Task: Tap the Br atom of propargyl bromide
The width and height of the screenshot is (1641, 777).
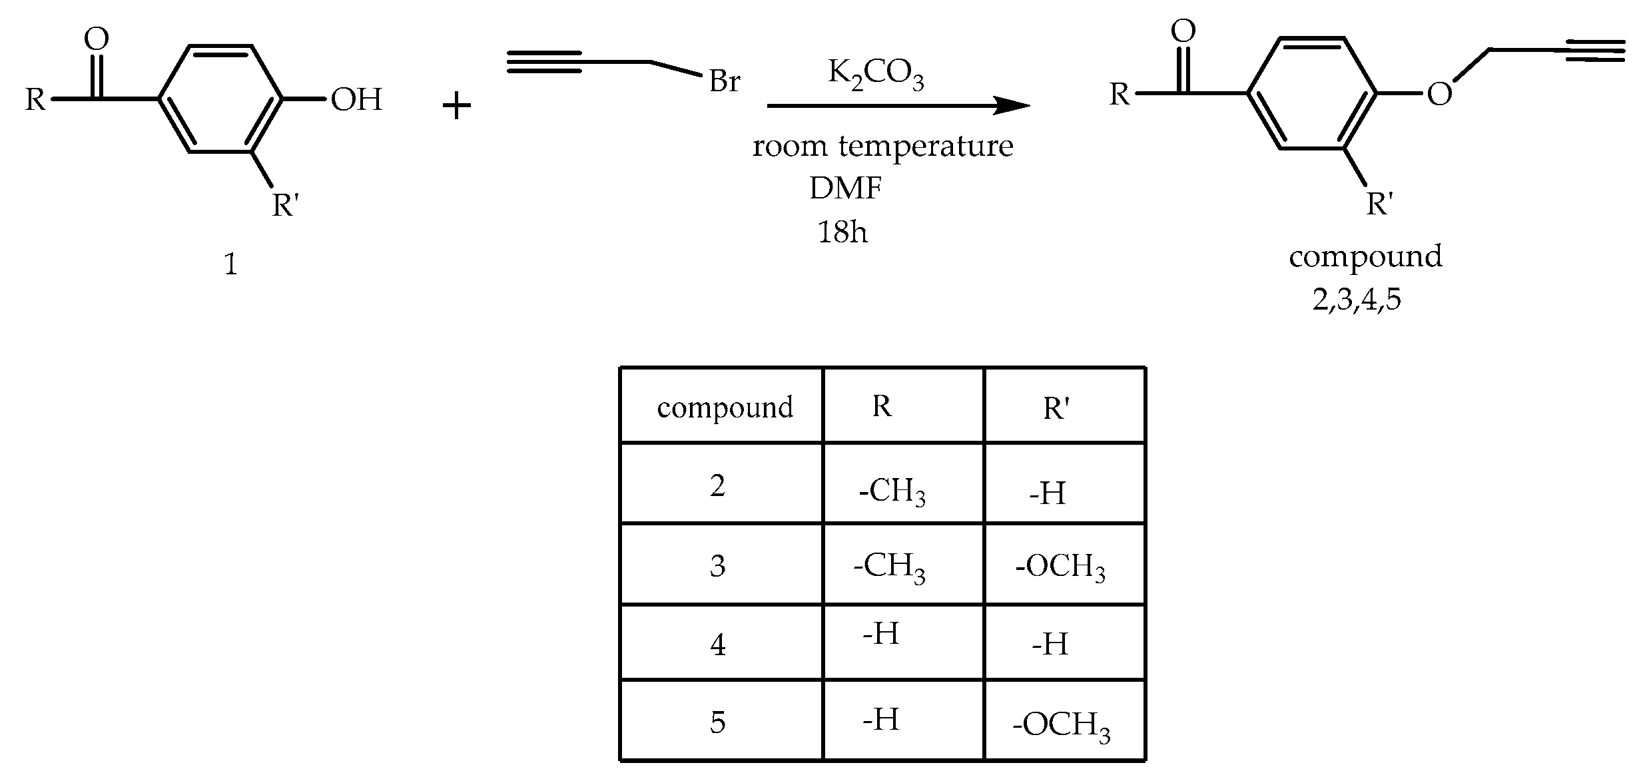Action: click(x=725, y=82)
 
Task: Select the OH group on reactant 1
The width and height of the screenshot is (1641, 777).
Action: click(x=356, y=100)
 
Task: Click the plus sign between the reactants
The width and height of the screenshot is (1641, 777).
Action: click(x=457, y=107)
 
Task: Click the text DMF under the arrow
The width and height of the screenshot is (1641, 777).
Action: click(x=845, y=189)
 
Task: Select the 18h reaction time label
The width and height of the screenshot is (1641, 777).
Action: click(x=842, y=232)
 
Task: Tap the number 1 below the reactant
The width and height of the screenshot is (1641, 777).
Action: click(x=230, y=266)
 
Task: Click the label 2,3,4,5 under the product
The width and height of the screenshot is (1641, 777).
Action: click(x=1357, y=300)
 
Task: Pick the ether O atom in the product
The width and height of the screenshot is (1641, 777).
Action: click(x=1439, y=95)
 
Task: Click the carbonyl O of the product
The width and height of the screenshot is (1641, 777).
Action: click(x=1183, y=31)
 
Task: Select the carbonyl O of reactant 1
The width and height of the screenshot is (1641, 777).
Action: click(x=97, y=39)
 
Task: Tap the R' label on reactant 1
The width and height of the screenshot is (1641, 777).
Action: click(x=285, y=205)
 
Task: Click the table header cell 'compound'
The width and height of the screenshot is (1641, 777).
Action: click(x=725, y=407)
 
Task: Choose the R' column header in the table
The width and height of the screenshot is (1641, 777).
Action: click(x=1056, y=408)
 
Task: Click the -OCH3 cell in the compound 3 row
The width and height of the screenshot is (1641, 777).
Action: click(x=1060, y=567)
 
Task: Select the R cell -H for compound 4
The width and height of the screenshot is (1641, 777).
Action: click(x=880, y=633)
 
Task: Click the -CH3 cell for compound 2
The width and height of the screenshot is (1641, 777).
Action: click(x=892, y=493)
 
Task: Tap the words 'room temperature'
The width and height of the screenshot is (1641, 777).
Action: click(x=882, y=146)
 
